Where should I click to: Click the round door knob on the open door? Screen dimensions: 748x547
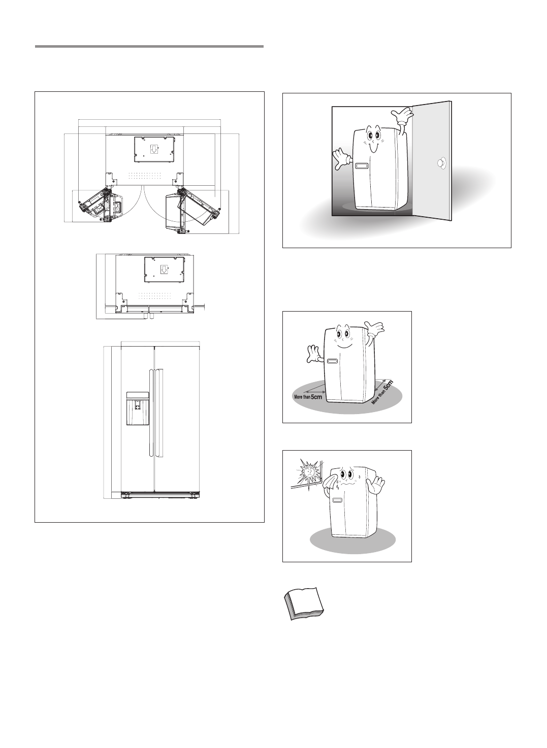tap(441, 163)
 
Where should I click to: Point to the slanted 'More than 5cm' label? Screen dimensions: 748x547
tap(382, 392)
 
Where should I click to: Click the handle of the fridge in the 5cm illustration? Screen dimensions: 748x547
tap(333, 362)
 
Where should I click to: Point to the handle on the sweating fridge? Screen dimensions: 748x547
tap(335, 500)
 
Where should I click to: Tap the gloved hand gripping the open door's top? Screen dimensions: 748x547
tap(402, 117)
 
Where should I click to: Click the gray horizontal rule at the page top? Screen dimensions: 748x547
tap(149, 47)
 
